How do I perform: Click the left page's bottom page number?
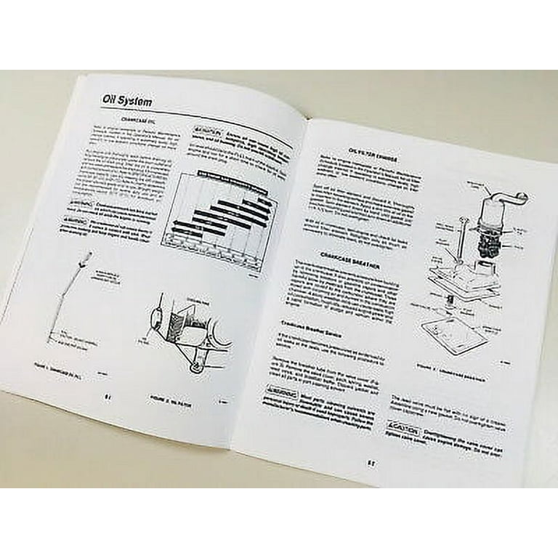tap(107, 397)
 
